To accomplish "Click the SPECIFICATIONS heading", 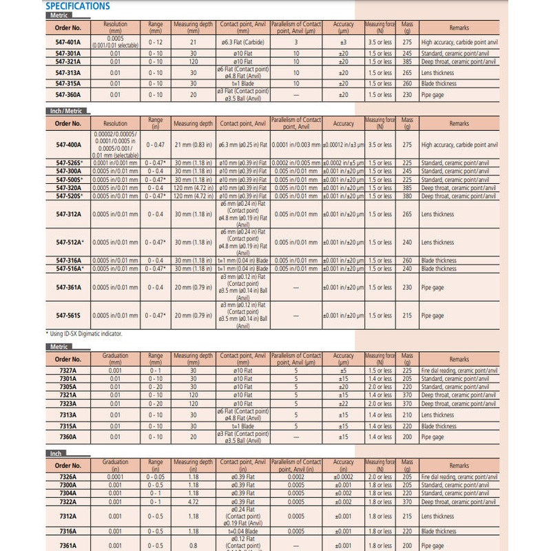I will tap(77, 6).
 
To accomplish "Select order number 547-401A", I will tap(68, 43).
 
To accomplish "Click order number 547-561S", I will tap(68, 315).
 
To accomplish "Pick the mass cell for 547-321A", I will tap(406, 61).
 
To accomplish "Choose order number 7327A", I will tap(68, 371).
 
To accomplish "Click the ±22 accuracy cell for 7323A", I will tap(344, 404).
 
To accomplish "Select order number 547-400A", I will tap(68, 145).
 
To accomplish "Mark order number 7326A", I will tap(68, 476).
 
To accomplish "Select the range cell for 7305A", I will tap(156, 387).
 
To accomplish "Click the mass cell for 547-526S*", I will tap(406, 163).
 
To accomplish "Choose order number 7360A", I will tap(68, 437).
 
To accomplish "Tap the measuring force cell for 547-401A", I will tap(378, 43).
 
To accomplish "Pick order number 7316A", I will tap(68, 531).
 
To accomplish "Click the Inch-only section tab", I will tap(56, 454).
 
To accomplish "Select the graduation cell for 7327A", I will tap(115, 371).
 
